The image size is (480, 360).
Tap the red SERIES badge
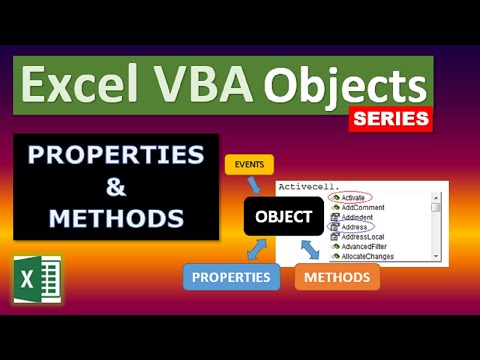click(390, 118)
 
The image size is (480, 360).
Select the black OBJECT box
click(281, 216)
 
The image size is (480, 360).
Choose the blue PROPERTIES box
click(232, 275)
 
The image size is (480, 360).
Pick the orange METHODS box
click(337, 275)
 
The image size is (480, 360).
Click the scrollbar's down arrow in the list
click(436, 255)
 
